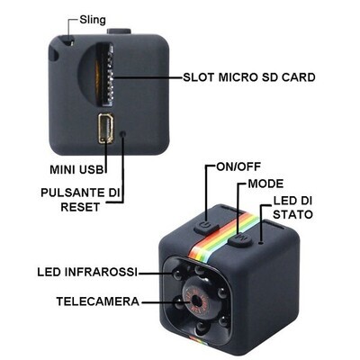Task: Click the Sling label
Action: [93, 20]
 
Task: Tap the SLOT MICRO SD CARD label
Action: [249, 77]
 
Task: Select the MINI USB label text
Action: [76, 169]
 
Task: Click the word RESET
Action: [80, 207]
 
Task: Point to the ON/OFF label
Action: [238, 166]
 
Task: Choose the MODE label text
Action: [265, 184]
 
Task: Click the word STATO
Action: [292, 214]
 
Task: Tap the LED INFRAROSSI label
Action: [87, 272]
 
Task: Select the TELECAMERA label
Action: [98, 301]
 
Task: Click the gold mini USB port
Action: [105, 129]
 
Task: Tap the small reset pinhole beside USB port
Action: [122, 133]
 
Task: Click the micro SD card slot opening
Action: [106, 75]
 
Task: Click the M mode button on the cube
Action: [239, 240]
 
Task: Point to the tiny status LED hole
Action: [261, 240]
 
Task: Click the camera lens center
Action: [196, 300]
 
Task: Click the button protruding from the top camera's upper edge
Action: [119, 31]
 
